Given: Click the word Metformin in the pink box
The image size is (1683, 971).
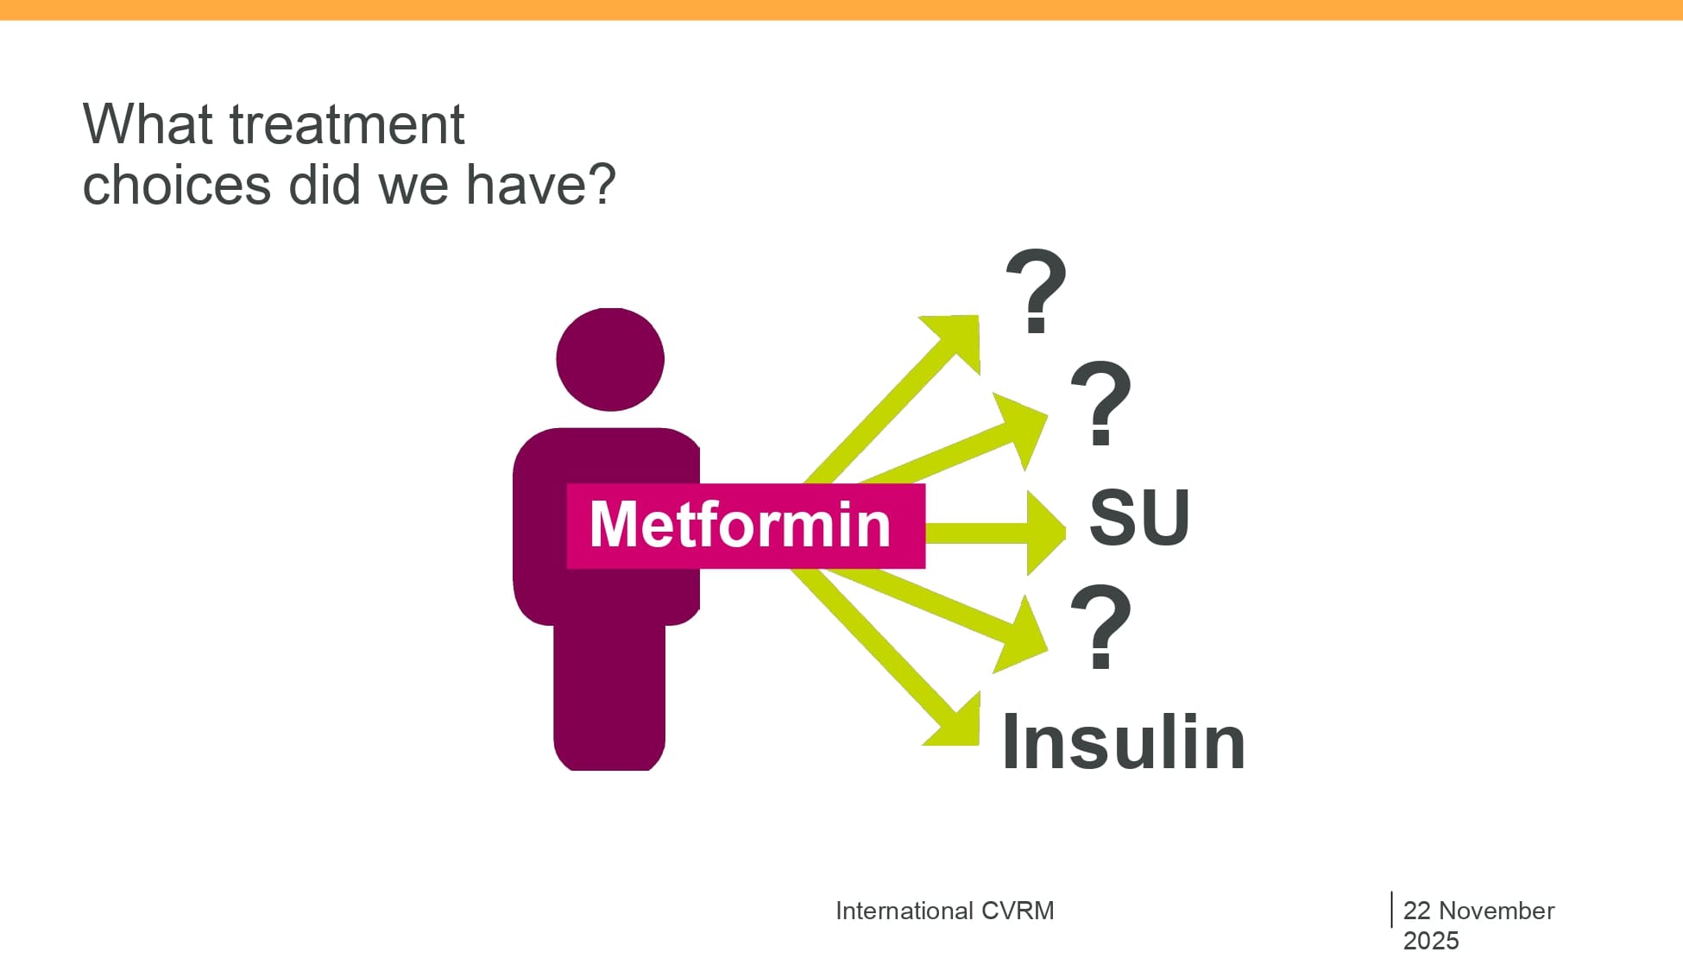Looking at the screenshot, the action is (740, 524).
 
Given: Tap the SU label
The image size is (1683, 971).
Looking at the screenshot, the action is (1139, 517).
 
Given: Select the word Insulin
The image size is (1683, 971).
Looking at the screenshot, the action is (1123, 741).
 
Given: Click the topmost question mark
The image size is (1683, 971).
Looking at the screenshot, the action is (1036, 291).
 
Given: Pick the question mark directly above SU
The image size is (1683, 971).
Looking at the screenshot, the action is (1100, 403).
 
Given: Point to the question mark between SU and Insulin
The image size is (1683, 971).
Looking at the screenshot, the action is (1100, 627).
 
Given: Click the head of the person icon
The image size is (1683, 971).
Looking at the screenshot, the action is (610, 359).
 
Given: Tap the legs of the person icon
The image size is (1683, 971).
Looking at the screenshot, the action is (609, 696).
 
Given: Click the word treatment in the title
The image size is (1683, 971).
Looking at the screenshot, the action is (347, 124).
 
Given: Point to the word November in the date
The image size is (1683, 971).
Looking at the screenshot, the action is (1497, 911).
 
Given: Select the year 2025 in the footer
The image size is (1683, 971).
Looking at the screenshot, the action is (1431, 941).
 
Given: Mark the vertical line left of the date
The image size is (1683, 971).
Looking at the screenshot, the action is (1391, 910).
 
